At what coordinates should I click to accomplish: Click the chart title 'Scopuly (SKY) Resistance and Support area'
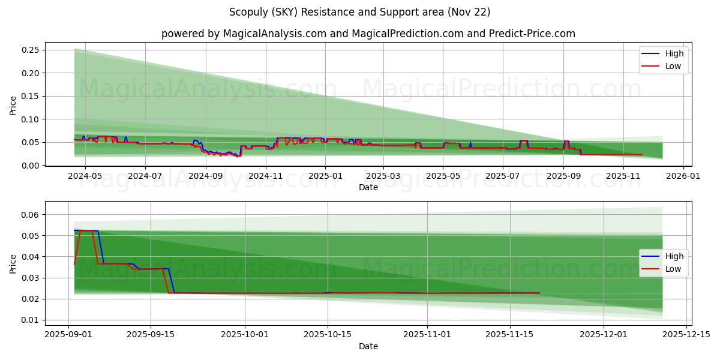(x=359, y=12)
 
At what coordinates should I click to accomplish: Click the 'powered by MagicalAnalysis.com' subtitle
(x=368, y=34)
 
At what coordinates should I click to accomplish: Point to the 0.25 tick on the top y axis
(x=30, y=50)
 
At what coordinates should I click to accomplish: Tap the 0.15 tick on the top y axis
(x=30, y=96)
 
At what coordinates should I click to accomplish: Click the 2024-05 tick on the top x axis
(x=85, y=176)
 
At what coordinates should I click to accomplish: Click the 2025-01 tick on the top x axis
(x=325, y=176)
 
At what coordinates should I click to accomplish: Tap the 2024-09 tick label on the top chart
(x=206, y=176)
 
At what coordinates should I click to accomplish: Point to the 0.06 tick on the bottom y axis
(x=30, y=215)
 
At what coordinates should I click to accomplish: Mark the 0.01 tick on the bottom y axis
(x=30, y=320)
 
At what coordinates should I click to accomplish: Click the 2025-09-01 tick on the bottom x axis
(x=68, y=334)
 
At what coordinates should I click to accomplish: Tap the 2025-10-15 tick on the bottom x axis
(x=328, y=334)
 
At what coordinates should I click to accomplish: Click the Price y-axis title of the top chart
(x=13, y=106)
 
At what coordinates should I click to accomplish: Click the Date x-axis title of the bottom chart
(x=368, y=346)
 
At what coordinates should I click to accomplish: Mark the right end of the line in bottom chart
(x=539, y=293)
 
